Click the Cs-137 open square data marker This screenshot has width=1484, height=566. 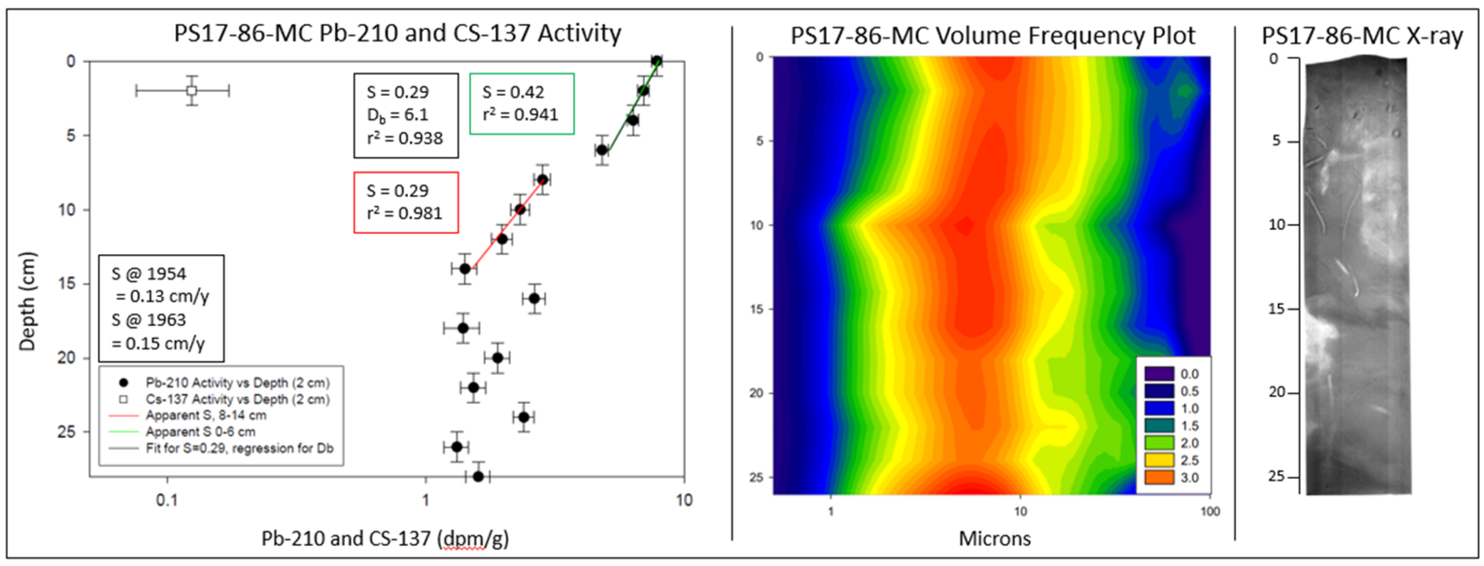tap(192, 90)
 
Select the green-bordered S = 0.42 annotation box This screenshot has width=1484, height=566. tap(521, 104)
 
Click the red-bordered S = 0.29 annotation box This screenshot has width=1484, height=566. tap(406, 202)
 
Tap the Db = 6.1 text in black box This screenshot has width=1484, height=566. tap(397, 115)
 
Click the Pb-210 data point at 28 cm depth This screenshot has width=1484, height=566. tap(478, 476)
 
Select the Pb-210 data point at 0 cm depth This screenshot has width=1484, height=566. tap(656, 61)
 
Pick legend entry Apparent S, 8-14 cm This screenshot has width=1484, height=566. tap(205, 415)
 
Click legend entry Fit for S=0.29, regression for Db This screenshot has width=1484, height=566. tap(239, 448)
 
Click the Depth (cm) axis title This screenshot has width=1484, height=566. tap(27, 301)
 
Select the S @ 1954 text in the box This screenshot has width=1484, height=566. tap(149, 274)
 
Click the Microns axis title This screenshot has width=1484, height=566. tap(994, 538)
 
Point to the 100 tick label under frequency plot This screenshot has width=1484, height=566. tap(1210, 511)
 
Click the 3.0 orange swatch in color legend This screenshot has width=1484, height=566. tap(1159, 477)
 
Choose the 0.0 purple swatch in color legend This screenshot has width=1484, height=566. tap(1159, 374)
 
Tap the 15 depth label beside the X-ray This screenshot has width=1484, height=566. tap(1277, 309)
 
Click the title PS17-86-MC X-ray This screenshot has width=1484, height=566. tap(1362, 36)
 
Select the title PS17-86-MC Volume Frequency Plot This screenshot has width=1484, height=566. tap(992, 36)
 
